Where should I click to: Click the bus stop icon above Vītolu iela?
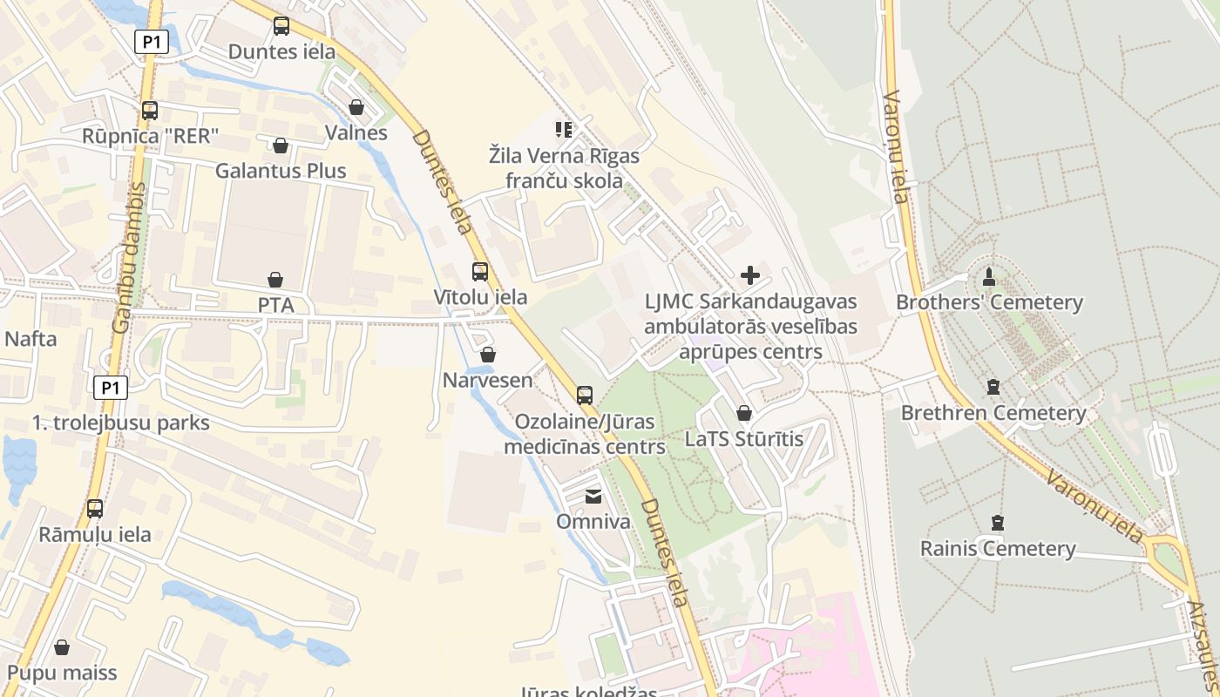pyautogui.click(x=479, y=271)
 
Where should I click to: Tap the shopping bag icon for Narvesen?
pyautogui.click(x=488, y=355)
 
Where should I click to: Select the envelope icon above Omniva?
pyautogui.click(x=593, y=497)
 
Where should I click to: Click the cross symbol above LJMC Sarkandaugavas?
pyautogui.click(x=749, y=275)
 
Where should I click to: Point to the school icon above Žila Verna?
pyautogui.click(x=564, y=130)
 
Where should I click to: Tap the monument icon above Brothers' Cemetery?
pyautogui.click(x=988, y=277)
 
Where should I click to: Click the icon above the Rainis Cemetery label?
pyautogui.click(x=997, y=523)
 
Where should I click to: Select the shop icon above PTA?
pyautogui.click(x=275, y=280)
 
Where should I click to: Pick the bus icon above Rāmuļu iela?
pyautogui.click(x=95, y=509)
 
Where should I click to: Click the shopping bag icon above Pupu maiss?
pyautogui.click(x=62, y=647)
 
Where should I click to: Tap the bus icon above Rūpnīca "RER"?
pyautogui.click(x=150, y=111)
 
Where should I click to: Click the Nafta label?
pyautogui.click(x=31, y=339)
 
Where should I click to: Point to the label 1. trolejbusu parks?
pyautogui.click(x=121, y=423)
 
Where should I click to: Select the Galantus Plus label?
pyautogui.click(x=281, y=171)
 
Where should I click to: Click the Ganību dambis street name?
pyautogui.click(x=128, y=257)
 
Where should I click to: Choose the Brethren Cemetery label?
pyautogui.click(x=993, y=413)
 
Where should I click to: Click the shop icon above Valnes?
pyautogui.click(x=356, y=107)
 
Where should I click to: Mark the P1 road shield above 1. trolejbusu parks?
pyautogui.click(x=110, y=388)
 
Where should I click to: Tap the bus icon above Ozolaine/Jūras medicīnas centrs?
pyautogui.click(x=585, y=395)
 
